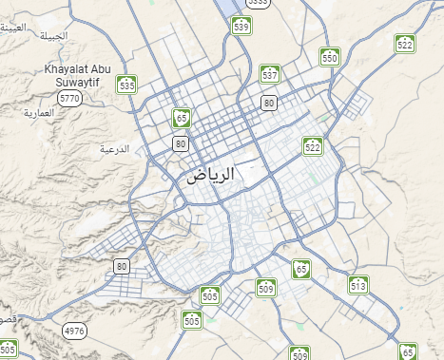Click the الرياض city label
click(210, 176)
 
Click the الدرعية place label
click(114, 149)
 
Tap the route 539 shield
click(241, 26)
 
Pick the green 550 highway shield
click(330, 57)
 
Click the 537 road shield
click(270, 73)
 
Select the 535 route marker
click(127, 85)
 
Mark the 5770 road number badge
click(69, 98)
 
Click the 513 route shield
click(357, 284)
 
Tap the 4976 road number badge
click(74, 331)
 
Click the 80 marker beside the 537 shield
click(270, 102)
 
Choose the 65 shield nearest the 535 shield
click(181, 119)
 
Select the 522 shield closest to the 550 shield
click(406, 44)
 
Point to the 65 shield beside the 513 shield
click(301, 269)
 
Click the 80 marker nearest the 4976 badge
click(121, 266)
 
